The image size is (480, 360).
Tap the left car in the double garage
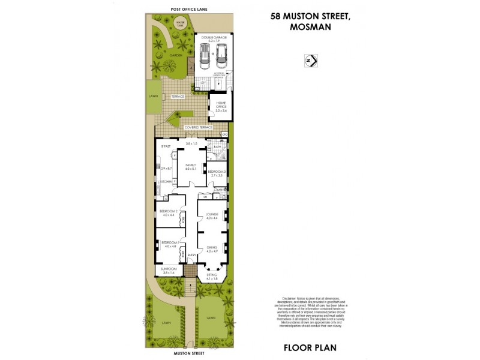point(204,57)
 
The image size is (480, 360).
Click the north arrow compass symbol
point(311,61)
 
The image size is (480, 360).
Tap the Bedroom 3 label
point(216,173)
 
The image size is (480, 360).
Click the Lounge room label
point(211,214)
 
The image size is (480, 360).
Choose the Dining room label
point(211,247)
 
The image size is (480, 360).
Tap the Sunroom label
point(169,269)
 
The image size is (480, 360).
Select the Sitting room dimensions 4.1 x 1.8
point(212,278)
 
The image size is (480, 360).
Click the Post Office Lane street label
point(180,9)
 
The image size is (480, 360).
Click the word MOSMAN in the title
point(307,28)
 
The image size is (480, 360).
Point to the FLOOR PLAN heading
point(310,347)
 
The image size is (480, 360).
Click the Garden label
point(175,55)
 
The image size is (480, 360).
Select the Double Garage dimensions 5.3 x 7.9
point(214,40)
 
